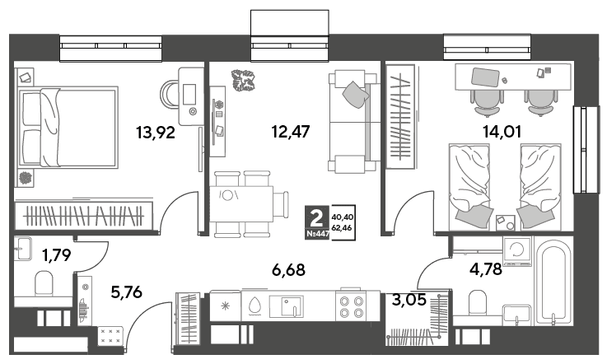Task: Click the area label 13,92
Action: pyautogui.click(x=156, y=133)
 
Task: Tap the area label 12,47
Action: pyautogui.click(x=291, y=132)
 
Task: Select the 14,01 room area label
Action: pyautogui.click(x=502, y=132)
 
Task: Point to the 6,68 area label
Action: pyautogui.click(x=288, y=269)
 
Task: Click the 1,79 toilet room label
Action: pyautogui.click(x=57, y=255)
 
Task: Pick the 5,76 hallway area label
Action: pyautogui.click(x=126, y=292)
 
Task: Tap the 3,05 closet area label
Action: pyautogui.click(x=409, y=299)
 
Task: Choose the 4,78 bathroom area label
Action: pyautogui.click(x=486, y=268)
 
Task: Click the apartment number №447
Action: pyautogui.click(x=317, y=234)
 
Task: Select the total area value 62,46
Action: pyautogui.click(x=342, y=227)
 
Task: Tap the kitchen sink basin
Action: pyautogui.click(x=287, y=306)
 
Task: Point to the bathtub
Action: pyautogui.click(x=556, y=281)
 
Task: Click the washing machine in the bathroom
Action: pyautogui.click(x=517, y=252)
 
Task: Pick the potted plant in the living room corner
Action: pyautogui.click(x=243, y=81)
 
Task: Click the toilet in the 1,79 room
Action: pyautogui.click(x=44, y=283)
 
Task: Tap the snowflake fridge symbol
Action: pyautogui.click(x=226, y=306)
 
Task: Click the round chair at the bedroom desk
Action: pyautogui.click(x=169, y=94)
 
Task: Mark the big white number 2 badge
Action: pyautogui.click(x=317, y=219)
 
